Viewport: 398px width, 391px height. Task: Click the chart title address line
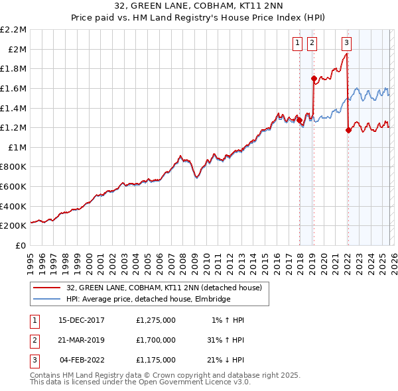pos(198,7)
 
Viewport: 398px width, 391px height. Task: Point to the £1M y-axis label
pos(17,147)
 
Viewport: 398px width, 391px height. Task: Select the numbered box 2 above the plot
pos(312,44)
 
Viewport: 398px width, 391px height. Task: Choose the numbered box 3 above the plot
pos(347,44)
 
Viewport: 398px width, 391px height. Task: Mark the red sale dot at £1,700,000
pos(314,78)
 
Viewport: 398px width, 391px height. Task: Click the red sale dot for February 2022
pos(348,131)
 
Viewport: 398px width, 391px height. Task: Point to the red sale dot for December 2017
pos(299,120)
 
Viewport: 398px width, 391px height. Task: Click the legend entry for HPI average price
pos(148,300)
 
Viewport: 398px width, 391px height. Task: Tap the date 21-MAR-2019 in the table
pos(82,339)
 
